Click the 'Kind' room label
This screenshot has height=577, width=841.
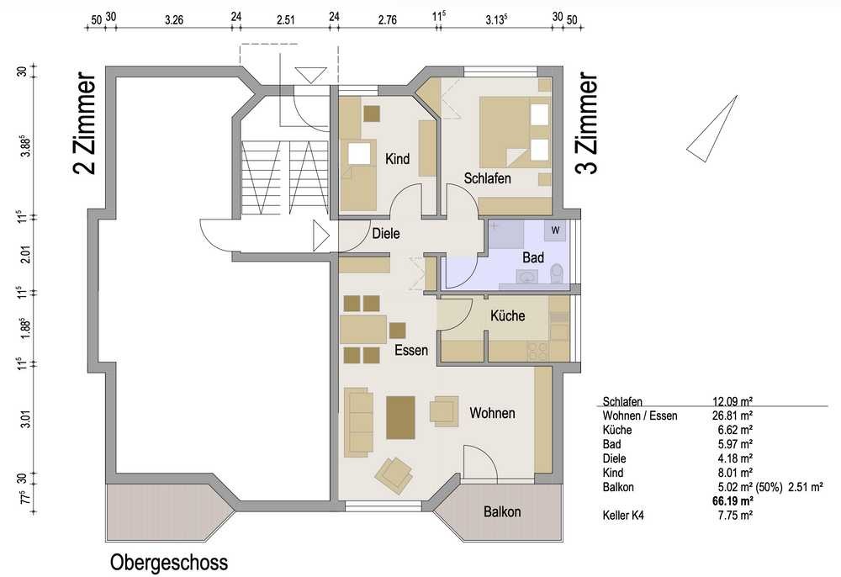tap(398, 159)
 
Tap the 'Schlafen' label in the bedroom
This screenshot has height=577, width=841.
tap(487, 178)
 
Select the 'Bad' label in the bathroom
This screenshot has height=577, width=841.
tap(533, 257)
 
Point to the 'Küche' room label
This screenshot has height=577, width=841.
tap(507, 315)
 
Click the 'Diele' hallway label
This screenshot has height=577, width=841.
tap(386, 233)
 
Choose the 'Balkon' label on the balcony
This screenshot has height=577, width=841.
tap(502, 511)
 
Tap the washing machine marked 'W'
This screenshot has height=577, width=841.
tap(555, 230)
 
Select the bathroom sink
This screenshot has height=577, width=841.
tap(527, 277)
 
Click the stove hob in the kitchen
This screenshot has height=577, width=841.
tap(538, 352)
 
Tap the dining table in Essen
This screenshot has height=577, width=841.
tap(363, 329)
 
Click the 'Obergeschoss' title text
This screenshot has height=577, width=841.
tap(169, 563)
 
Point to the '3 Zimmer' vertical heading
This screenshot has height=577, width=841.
tap(586, 124)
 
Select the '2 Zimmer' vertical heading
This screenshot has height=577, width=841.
tap(85, 124)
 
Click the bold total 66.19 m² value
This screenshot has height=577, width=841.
tap(733, 501)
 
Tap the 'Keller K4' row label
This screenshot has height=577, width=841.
tap(623, 516)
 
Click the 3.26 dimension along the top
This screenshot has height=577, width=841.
tap(174, 20)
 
